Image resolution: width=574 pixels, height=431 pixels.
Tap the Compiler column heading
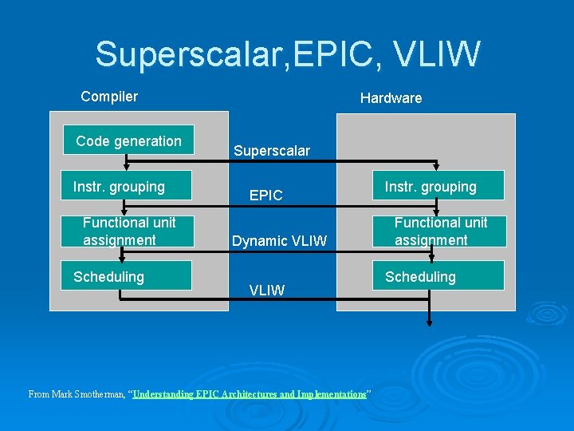pyautogui.click(x=109, y=97)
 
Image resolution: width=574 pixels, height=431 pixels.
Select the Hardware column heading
pyautogui.click(x=391, y=98)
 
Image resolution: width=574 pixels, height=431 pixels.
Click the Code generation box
pyautogui.click(x=128, y=141)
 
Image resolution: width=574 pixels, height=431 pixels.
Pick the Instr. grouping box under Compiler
pyautogui.click(x=128, y=187)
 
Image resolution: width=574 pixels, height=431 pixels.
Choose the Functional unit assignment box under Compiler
pyautogui.click(x=128, y=231)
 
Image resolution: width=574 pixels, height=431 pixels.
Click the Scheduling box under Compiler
pyautogui.click(x=128, y=276)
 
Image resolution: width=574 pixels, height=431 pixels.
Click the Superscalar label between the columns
pyautogui.click(x=272, y=150)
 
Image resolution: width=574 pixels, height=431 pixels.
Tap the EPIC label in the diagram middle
pyautogui.click(x=266, y=195)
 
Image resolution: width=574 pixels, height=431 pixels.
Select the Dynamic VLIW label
pyautogui.click(x=279, y=239)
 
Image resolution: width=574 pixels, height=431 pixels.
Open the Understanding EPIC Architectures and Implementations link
pyautogui.click(x=250, y=394)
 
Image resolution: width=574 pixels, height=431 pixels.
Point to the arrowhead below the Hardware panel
pyautogui.click(x=430, y=322)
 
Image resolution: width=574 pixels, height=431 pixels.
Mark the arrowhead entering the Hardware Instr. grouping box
pyautogui.click(x=435, y=167)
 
